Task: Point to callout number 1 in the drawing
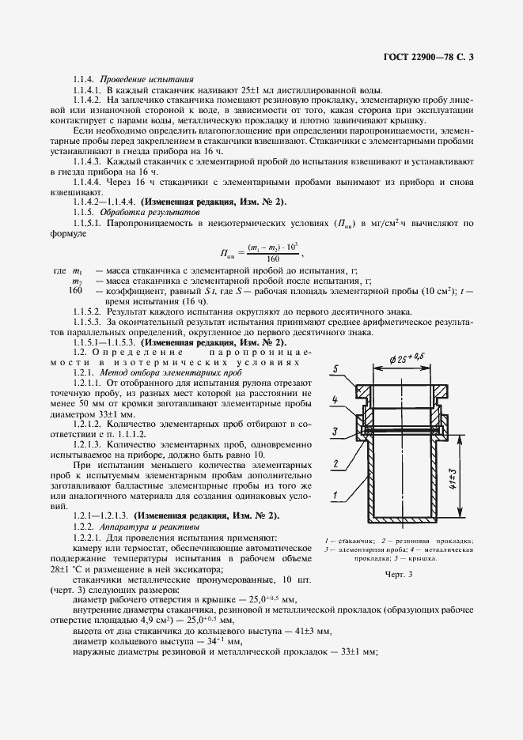tap(335, 496)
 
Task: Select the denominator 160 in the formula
tap(274, 259)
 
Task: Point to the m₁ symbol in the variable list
tap(78, 270)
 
